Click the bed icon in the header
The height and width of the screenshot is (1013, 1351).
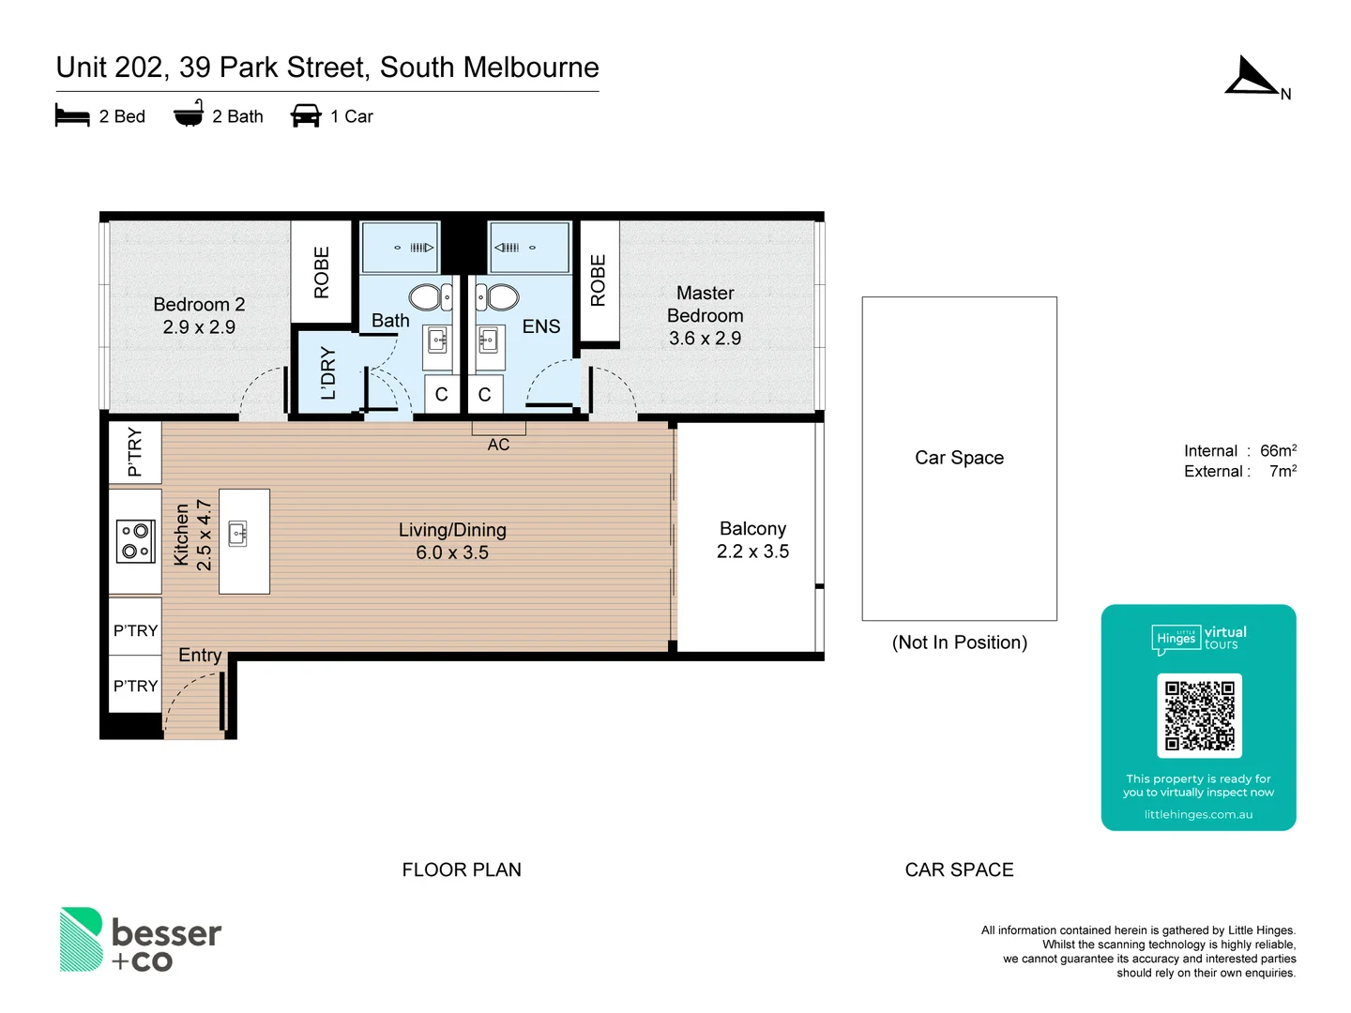pyautogui.click(x=72, y=116)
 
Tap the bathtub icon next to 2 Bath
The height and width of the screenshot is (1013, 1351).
pyautogui.click(x=189, y=113)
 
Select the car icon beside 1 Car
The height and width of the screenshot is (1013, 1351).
pyautogui.click(x=306, y=116)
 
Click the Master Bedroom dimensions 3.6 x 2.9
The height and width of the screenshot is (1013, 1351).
pyautogui.click(x=705, y=339)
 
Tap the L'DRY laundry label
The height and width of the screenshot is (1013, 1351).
pyautogui.click(x=327, y=373)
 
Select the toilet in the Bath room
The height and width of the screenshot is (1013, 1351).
pyautogui.click(x=429, y=297)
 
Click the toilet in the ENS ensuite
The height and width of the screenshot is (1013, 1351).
pyautogui.click(x=498, y=297)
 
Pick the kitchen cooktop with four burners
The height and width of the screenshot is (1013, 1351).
pyautogui.click(x=135, y=541)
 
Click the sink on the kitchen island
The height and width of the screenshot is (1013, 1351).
pyautogui.click(x=238, y=534)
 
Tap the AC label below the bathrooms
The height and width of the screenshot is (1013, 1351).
pyautogui.click(x=498, y=445)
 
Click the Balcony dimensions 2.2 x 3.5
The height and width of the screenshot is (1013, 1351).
pyautogui.click(x=752, y=552)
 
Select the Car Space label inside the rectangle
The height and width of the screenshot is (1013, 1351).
pyautogui.click(x=959, y=458)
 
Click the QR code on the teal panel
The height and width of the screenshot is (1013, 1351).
pyautogui.click(x=1199, y=715)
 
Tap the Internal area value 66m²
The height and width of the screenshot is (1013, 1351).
pyautogui.click(x=1278, y=451)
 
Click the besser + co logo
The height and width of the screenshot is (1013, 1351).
pyautogui.click(x=141, y=941)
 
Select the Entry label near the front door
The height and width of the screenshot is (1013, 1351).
pyautogui.click(x=200, y=655)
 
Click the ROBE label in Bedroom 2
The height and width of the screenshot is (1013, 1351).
pyautogui.click(x=322, y=272)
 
